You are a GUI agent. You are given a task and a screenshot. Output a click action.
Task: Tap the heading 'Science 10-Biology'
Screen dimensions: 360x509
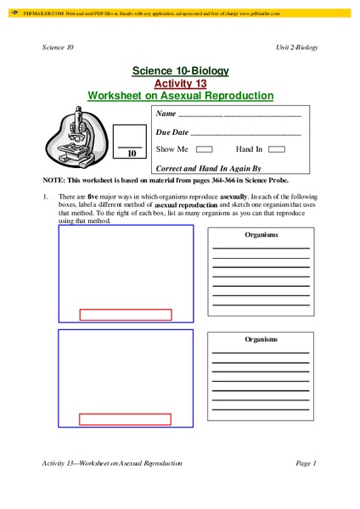pyautogui.click(x=180, y=70)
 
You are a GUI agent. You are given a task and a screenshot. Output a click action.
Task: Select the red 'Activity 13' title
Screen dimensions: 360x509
pyautogui.click(x=180, y=83)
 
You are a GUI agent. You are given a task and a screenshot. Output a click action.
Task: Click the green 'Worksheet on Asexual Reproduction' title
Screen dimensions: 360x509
pyautogui.click(x=180, y=96)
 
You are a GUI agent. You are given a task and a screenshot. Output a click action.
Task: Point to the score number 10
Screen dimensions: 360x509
pyautogui.click(x=132, y=154)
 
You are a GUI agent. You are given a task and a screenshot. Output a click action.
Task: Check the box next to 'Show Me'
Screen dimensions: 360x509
pyautogui.click(x=204, y=148)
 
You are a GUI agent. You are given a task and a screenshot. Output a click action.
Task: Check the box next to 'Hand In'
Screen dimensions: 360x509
pyautogui.click(x=276, y=148)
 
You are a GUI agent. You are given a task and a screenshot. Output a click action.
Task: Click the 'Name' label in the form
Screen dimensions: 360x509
pyautogui.click(x=166, y=114)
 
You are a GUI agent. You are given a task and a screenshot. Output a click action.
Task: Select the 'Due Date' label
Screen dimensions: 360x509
pyautogui.click(x=172, y=132)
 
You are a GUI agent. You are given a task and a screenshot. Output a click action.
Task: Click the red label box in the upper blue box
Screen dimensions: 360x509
pyautogui.click(x=125, y=315)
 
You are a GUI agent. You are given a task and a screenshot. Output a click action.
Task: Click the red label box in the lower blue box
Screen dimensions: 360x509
pyautogui.click(x=125, y=419)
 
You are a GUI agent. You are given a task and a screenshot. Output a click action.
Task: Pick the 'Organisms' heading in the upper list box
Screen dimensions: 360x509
pyautogui.click(x=261, y=233)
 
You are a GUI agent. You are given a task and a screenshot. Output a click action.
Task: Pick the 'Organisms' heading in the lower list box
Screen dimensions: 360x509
pyautogui.click(x=261, y=338)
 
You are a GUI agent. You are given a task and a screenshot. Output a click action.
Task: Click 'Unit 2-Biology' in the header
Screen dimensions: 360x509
pyautogui.click(x=297, y=47)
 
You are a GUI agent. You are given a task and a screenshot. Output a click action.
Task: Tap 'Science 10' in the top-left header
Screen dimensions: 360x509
pyautogui.click(x=58, y=47)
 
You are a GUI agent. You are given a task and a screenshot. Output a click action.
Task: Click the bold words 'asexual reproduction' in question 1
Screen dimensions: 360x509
pyautogui.click(x=186, y=205)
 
